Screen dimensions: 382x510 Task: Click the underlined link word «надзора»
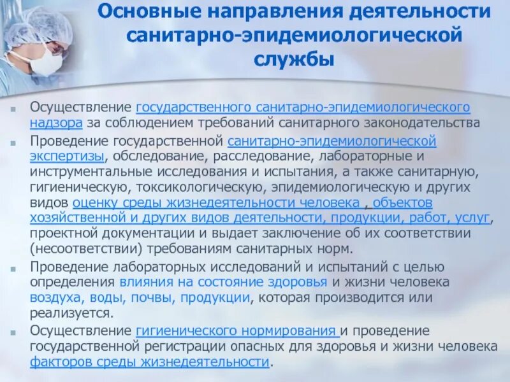[54, 122]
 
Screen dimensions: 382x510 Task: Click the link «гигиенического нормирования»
[236, 331]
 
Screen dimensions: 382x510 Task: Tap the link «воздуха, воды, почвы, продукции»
[140, 297]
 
